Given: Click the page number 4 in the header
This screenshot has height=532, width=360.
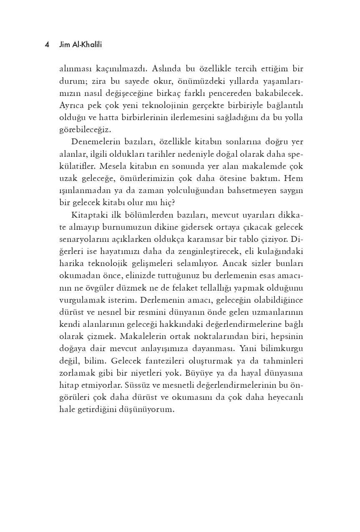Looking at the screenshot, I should (47, 45).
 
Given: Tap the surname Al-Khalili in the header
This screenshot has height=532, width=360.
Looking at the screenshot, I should (86, 45).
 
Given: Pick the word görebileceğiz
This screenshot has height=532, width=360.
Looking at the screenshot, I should (86, 129).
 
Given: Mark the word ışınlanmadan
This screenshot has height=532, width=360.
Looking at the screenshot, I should (86, 191).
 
